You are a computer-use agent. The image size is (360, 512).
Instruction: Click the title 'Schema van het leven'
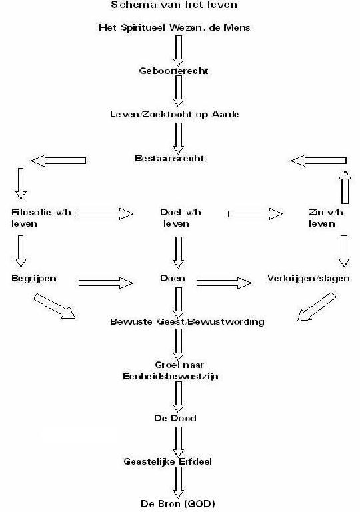tap(174, 5)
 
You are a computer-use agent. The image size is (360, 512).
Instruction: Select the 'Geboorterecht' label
tap(173, 71)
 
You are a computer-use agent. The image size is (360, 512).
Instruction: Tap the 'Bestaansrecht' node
tap(169, 159)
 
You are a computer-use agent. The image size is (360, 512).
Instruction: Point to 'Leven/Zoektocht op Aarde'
tap(175, 114)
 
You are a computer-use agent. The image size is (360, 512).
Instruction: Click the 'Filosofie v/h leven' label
tap(41, 218)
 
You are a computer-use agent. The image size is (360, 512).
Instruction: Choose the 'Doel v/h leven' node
tap(180, 218)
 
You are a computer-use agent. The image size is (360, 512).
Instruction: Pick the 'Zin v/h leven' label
tap(326, 218)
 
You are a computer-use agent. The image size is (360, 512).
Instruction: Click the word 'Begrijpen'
tap(33, 279)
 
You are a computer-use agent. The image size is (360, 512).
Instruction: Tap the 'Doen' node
tap(173, 278)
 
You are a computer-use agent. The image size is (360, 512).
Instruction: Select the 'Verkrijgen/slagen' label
tap(309, 279)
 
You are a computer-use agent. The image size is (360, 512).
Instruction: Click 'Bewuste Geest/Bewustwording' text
tap(187, 321)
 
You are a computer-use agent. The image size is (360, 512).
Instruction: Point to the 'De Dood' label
tap(175, 418)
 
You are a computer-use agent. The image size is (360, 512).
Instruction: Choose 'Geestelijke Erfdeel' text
tap(167, 462)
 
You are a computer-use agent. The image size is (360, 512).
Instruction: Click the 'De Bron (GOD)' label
tap(178, 504)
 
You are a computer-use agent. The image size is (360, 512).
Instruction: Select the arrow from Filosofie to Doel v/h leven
tap(106, 214)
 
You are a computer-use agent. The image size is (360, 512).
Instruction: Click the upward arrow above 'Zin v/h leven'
tap(345, 187)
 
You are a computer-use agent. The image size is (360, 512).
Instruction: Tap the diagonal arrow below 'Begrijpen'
tap(54, 306)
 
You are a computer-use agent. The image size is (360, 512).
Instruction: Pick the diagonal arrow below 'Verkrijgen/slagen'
tap(317, 307)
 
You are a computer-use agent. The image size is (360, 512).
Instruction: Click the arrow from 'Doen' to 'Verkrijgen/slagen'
tap(224, 283)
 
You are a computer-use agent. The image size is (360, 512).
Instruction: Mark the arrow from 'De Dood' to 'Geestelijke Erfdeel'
tap(179, 442)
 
